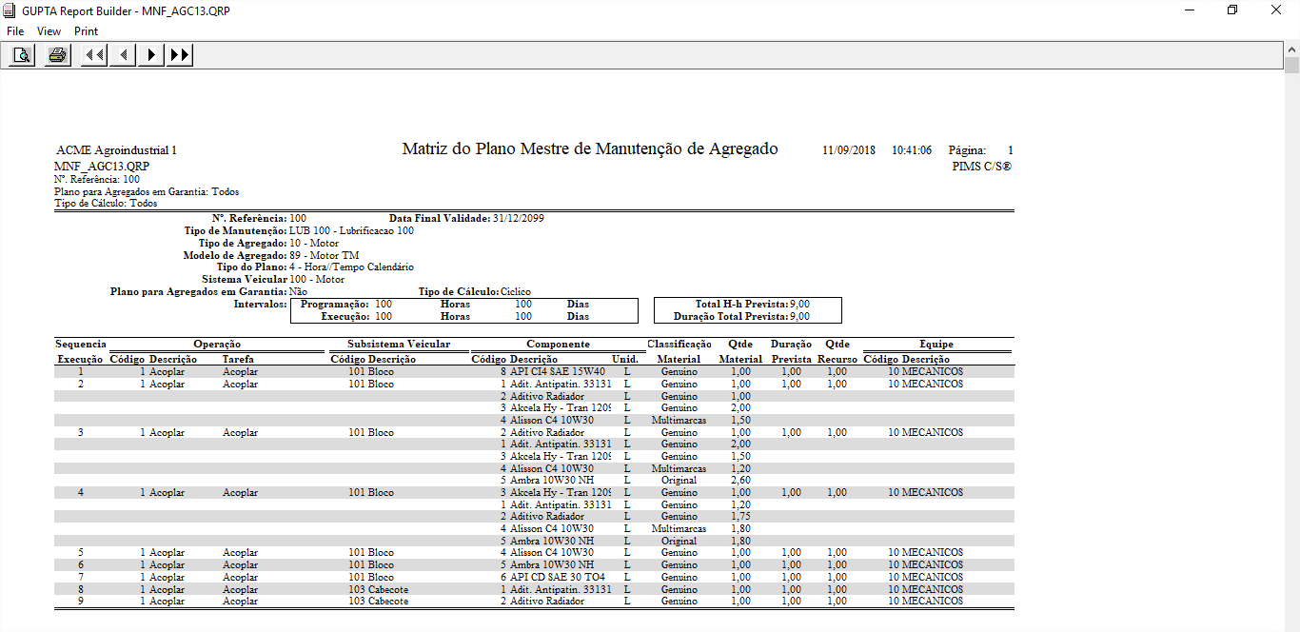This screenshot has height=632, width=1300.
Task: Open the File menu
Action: pos(15,31)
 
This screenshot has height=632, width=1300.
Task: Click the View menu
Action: pos(49,31)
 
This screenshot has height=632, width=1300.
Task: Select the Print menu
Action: pos(86,31)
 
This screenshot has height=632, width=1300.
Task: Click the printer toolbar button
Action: pos(57,55)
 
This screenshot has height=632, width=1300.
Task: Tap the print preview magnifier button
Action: pos(21,55)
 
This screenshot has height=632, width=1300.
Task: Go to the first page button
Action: pos(93,55)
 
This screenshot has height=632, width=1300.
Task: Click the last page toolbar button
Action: pos(179,55)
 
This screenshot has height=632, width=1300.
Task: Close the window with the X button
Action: pos(1276,10)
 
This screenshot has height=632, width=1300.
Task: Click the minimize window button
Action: pos(1190,10)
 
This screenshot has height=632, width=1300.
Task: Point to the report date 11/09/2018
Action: pos(849,150)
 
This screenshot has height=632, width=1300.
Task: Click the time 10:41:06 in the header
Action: pos(911,150)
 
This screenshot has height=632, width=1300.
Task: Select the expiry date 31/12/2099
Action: pos(519,218)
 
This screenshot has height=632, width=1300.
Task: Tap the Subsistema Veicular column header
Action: pos(399,344)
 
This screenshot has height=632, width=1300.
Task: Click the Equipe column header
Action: pos(936,344)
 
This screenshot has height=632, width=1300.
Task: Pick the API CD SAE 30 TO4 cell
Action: pos(558,577)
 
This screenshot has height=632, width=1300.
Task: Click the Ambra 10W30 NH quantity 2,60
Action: pos(740,480)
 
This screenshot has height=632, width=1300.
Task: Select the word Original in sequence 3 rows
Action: pos(679,480)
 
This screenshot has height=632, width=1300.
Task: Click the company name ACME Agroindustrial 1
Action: pos(116,150)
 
